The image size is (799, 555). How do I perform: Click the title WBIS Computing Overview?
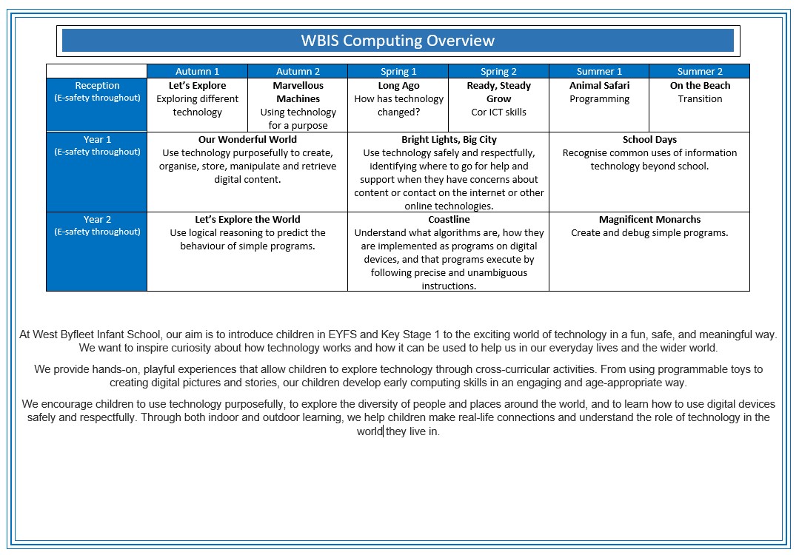398,41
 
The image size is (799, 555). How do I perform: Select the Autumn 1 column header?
197,72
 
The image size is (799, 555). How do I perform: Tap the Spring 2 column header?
498,72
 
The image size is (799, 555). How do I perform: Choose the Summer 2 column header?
700,72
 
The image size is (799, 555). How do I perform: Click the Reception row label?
97,86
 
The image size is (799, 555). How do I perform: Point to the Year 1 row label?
97,139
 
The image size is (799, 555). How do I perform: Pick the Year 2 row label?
97,219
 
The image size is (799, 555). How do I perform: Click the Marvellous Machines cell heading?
298,92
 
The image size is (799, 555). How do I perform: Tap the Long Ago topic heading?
398,86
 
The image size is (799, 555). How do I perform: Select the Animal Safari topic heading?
599,86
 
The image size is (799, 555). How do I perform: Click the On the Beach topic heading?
700,86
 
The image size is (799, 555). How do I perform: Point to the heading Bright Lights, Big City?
449,139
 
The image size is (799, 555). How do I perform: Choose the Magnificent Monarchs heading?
649,219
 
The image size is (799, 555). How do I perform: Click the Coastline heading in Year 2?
449,219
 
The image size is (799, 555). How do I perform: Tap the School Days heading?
649,139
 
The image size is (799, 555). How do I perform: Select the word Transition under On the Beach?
700,99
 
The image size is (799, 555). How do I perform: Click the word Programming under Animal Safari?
599,99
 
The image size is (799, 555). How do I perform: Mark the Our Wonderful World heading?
247,139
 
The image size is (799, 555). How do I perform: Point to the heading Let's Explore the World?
247,219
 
